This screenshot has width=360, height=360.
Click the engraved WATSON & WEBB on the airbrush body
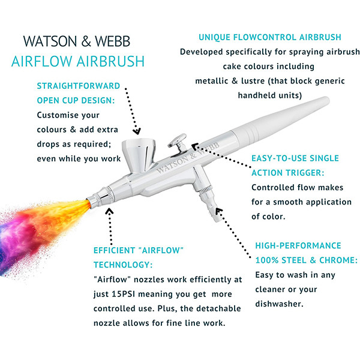point(188,158)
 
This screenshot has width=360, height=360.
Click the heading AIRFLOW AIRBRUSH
point(78,61)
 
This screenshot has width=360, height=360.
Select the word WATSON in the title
point(50,41)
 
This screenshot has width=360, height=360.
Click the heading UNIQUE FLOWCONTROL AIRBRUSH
point(270,37)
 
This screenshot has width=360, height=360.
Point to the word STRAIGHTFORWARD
point(79,86)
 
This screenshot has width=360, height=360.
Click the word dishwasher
point(279,304)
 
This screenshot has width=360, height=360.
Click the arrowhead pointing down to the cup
point(137,131)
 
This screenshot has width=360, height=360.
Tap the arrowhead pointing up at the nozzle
point(109,211)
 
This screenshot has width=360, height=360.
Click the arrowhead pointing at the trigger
point(195,146)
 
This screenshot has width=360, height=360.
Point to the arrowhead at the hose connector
point(219,211)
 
